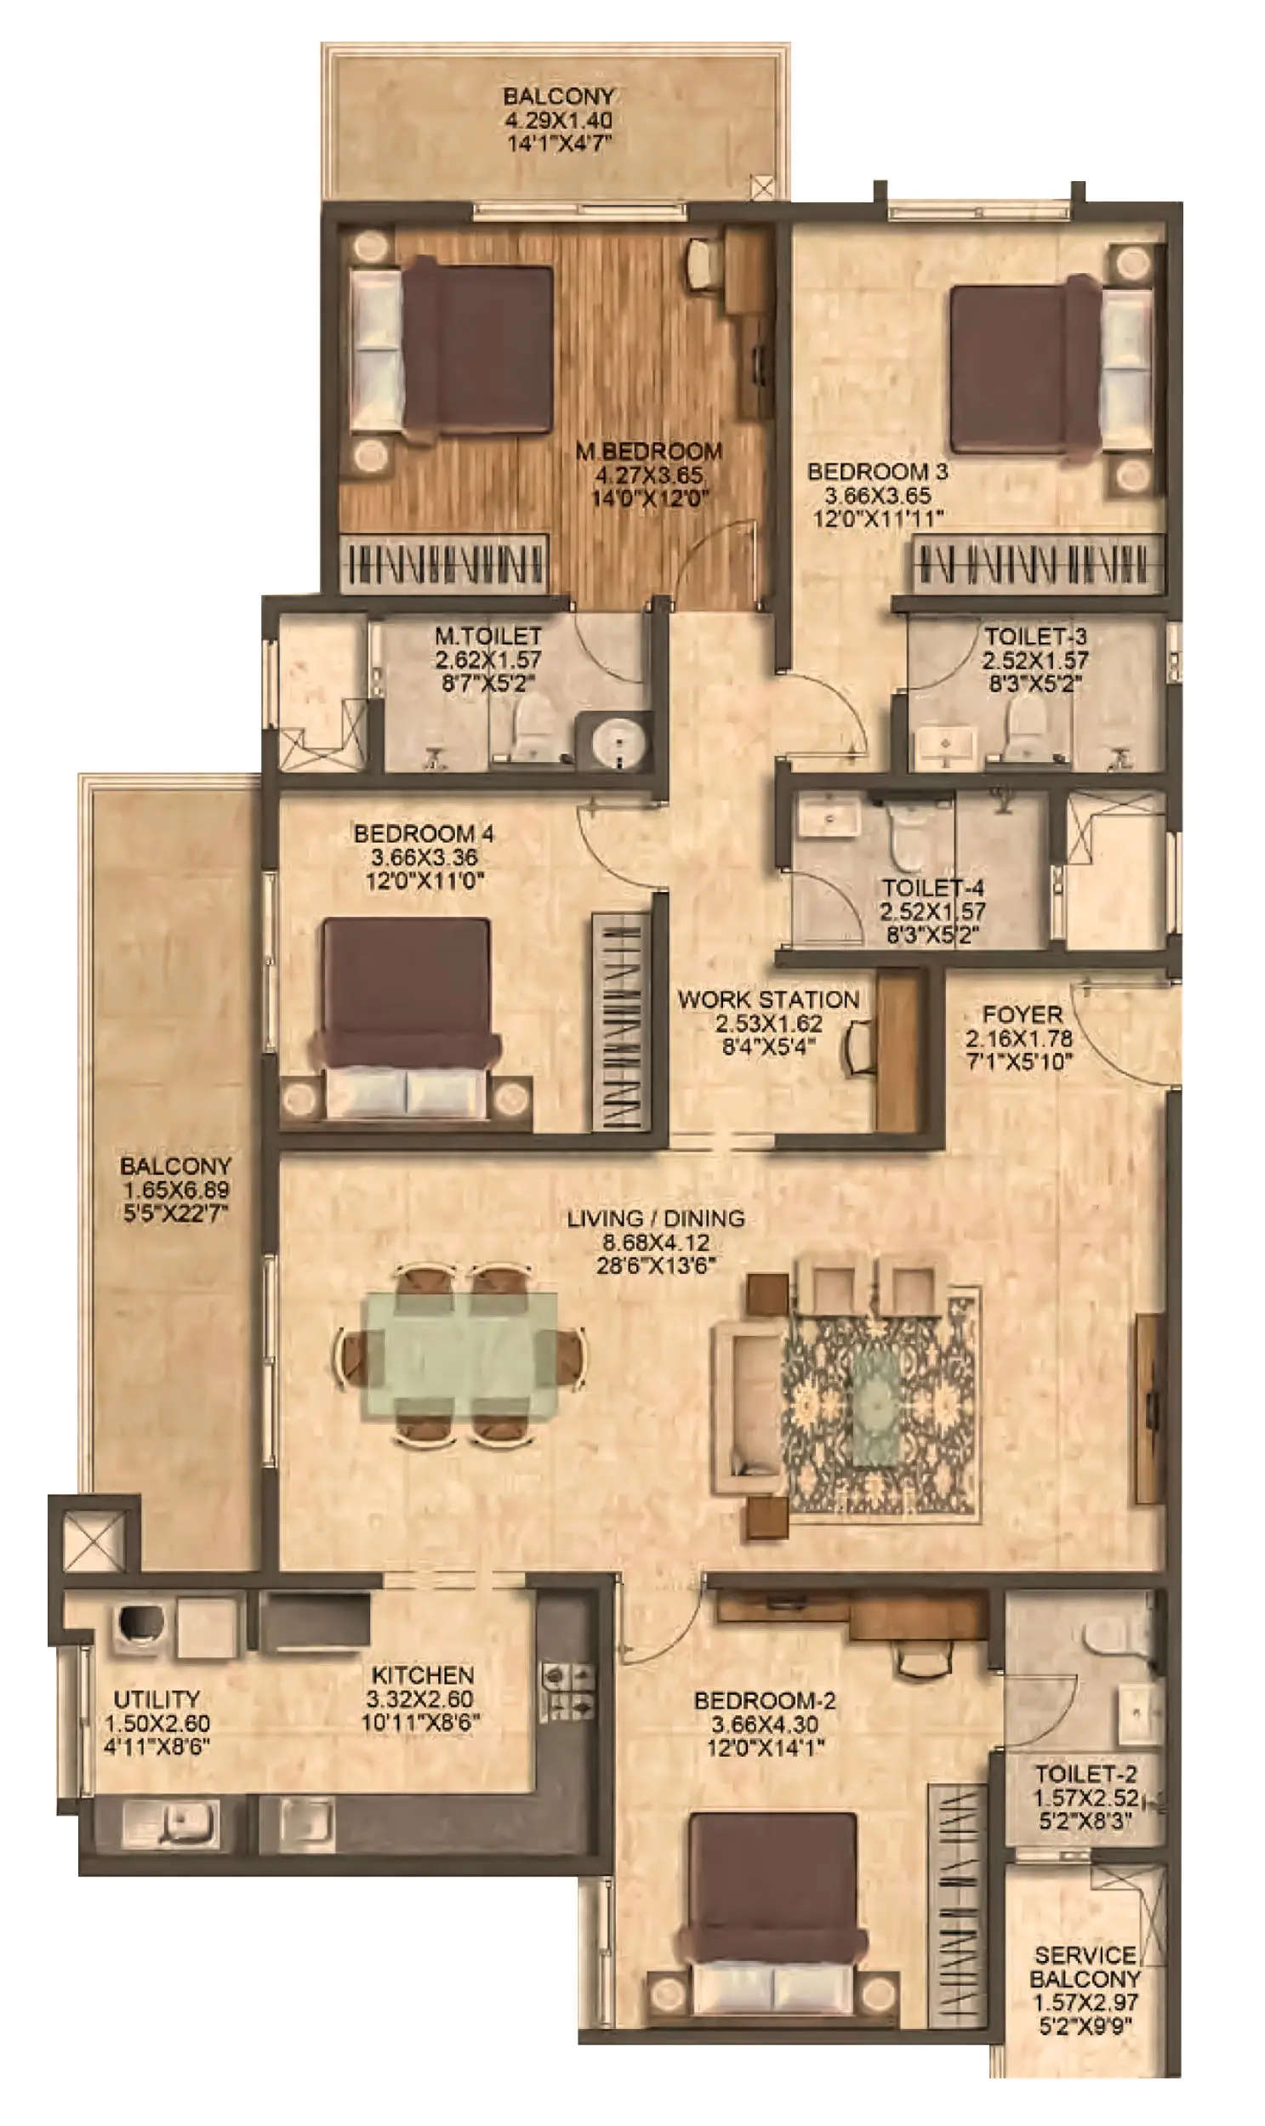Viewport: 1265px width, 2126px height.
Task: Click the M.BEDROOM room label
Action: click(649, 451)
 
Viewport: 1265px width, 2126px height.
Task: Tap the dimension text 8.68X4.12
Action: click(656, 1242)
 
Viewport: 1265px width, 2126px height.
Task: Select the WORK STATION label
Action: click(768, 999)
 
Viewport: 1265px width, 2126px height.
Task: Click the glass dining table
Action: click(460, 1355)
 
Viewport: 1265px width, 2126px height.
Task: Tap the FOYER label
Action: click(1022, 1015)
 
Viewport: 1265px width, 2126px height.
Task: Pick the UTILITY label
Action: click(157, 1698)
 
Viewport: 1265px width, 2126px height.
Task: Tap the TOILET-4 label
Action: click(932, 887)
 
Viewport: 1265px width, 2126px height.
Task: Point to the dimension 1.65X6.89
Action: click(175, 1190)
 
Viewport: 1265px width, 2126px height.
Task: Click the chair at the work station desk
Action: click(859, 1048)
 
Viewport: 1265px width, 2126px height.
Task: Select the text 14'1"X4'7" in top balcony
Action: click(559, 143)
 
